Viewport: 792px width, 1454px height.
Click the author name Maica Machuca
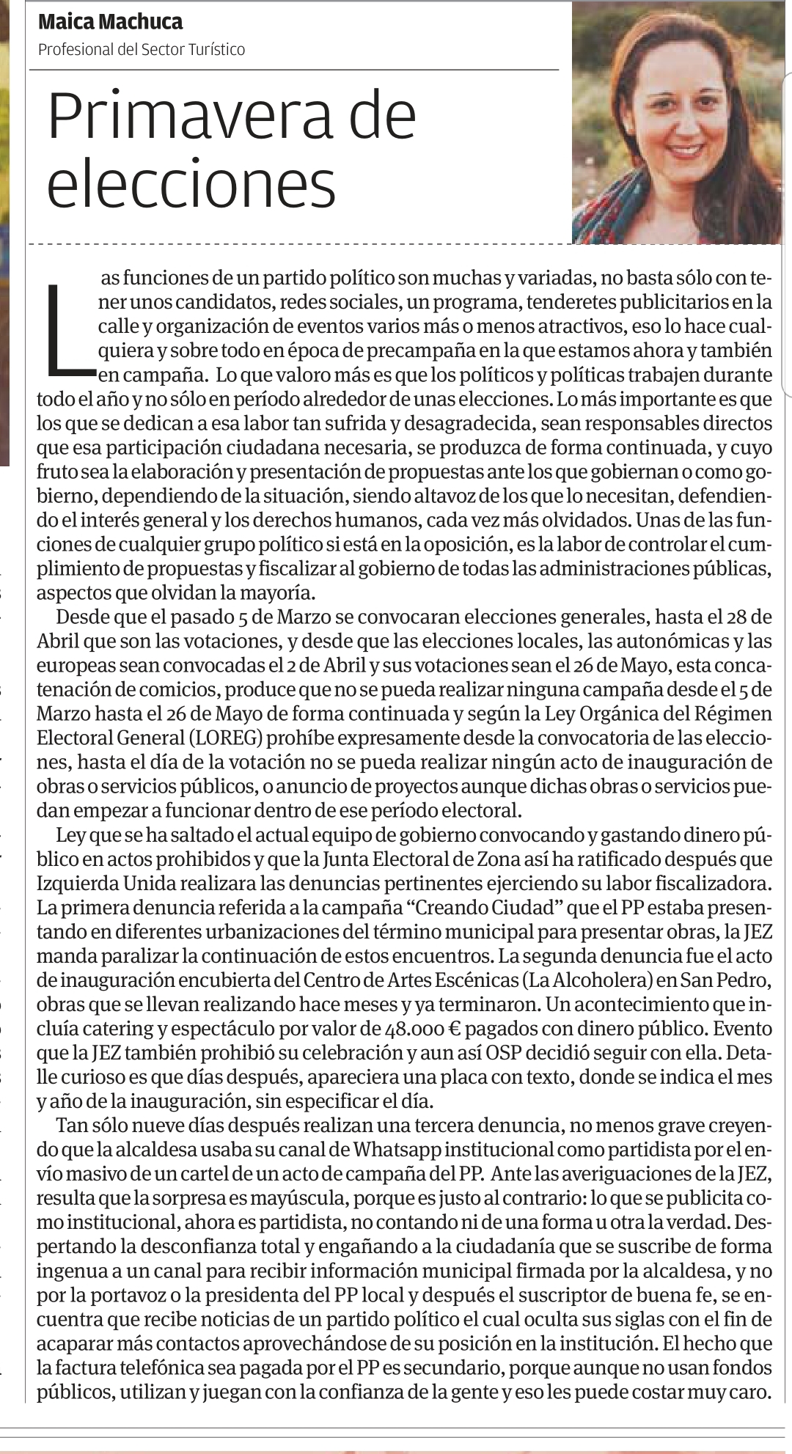point(110,22)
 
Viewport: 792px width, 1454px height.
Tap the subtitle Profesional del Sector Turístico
point(142,49)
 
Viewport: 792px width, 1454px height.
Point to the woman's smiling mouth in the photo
point(686,150)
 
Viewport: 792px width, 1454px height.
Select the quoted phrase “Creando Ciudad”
point(483,907)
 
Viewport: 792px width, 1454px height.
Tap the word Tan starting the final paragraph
point(71,1125)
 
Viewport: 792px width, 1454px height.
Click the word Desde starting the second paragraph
point(81,617)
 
